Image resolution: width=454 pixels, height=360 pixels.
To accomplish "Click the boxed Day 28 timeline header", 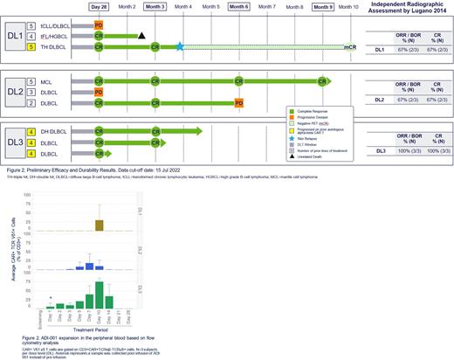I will [x=100, y=6].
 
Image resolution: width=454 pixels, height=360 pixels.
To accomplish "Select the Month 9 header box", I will [x=323, y=6].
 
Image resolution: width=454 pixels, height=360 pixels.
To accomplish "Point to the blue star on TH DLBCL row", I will [x=180, y=46].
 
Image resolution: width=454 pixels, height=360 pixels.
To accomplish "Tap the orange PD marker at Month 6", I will [x=239, y=103].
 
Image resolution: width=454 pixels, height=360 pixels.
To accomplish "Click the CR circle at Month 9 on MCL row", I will [x=323, y=80].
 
